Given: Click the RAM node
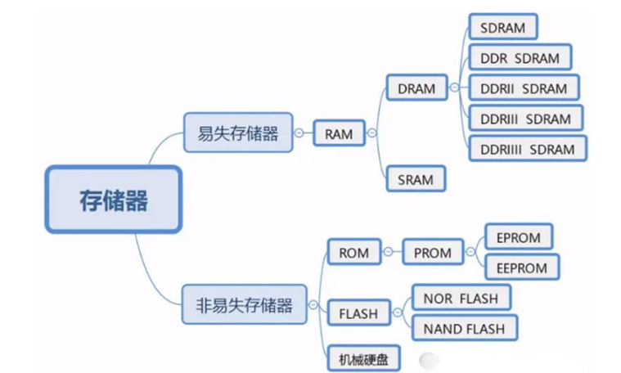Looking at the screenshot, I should click(x=339, y=133).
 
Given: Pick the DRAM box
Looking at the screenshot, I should click(x=416, y=88).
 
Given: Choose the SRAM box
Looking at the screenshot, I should click(x=416, y=179).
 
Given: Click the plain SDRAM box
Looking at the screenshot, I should click(x=503, y=27).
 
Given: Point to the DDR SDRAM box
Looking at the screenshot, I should click(x=520, y=58).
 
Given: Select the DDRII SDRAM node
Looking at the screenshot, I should click(x=524, y=88).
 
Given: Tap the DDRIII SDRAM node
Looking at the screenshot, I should click(x=526, y=119).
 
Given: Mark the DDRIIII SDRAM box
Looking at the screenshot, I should click(x=528, y=149).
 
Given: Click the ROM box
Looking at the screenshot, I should click(x=354, y=253).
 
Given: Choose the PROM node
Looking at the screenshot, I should click(x=432, y=253).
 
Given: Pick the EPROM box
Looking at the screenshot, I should click(x=519, y=238).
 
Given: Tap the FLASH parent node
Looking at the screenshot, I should click(x=358, y=313).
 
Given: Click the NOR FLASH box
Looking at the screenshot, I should click(x=461, y=299).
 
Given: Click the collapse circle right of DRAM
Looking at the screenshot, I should click(x=454, y=88).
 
